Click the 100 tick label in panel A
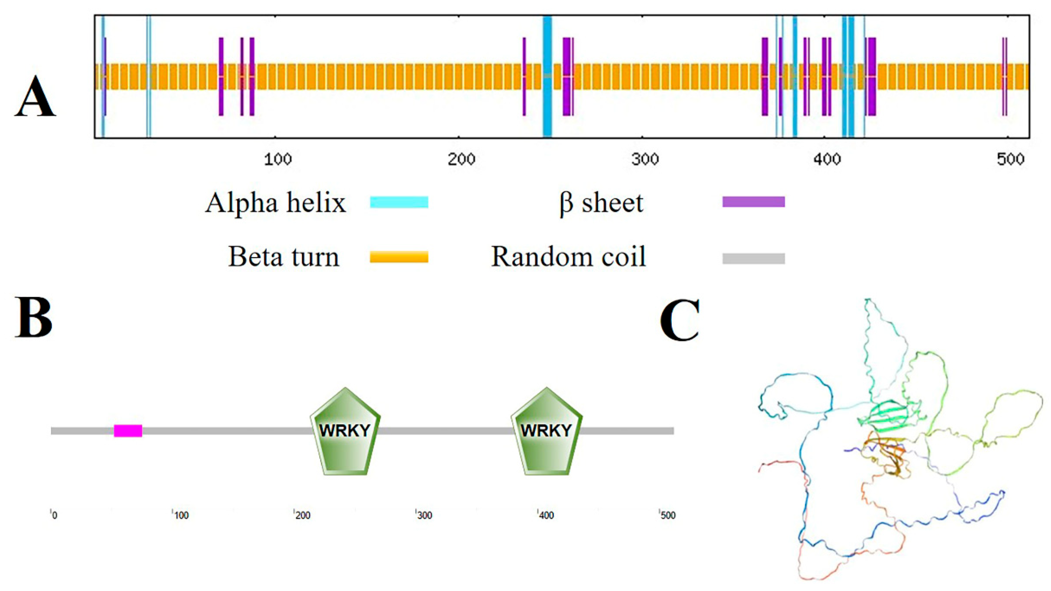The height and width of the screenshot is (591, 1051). click(277, 159)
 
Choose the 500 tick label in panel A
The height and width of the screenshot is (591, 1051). click(1010, 159)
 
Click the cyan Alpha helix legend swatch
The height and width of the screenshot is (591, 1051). click(399, 202)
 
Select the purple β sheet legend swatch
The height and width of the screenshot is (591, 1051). click(754, 202)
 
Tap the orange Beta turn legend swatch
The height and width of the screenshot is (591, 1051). click(399, 257)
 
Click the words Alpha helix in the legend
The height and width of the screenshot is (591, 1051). click(276, 203)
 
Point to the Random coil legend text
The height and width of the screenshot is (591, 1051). click(568, 257)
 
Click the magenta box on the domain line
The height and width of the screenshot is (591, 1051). click(128, 431)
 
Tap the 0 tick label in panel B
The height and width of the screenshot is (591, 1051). click(54, 515)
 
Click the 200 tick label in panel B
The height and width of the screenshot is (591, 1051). click(302, 515)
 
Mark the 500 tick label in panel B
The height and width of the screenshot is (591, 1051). click(668, 515)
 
